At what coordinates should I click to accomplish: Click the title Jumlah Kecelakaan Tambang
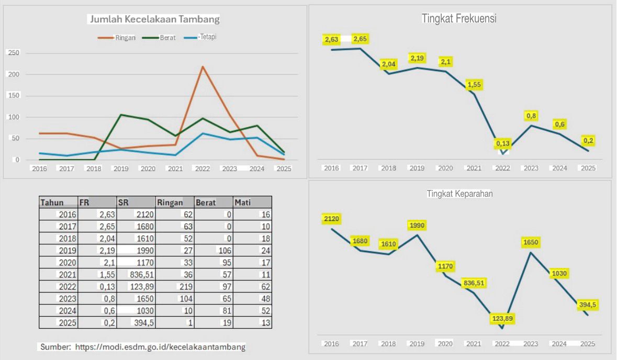tap(154, 19)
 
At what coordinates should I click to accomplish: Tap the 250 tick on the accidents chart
tap(14, 53)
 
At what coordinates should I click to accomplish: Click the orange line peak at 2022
tap(203, 66)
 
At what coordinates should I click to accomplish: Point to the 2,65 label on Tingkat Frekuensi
tap(360, 39)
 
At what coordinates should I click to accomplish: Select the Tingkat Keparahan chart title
tap(459, 194)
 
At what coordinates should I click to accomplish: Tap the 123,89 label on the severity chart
tap(502, 318)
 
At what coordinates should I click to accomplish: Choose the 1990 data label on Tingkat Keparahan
tap(417, 226)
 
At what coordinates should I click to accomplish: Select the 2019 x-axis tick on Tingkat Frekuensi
tap(417, 168)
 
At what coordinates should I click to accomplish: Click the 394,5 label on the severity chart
tap(588, 305)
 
